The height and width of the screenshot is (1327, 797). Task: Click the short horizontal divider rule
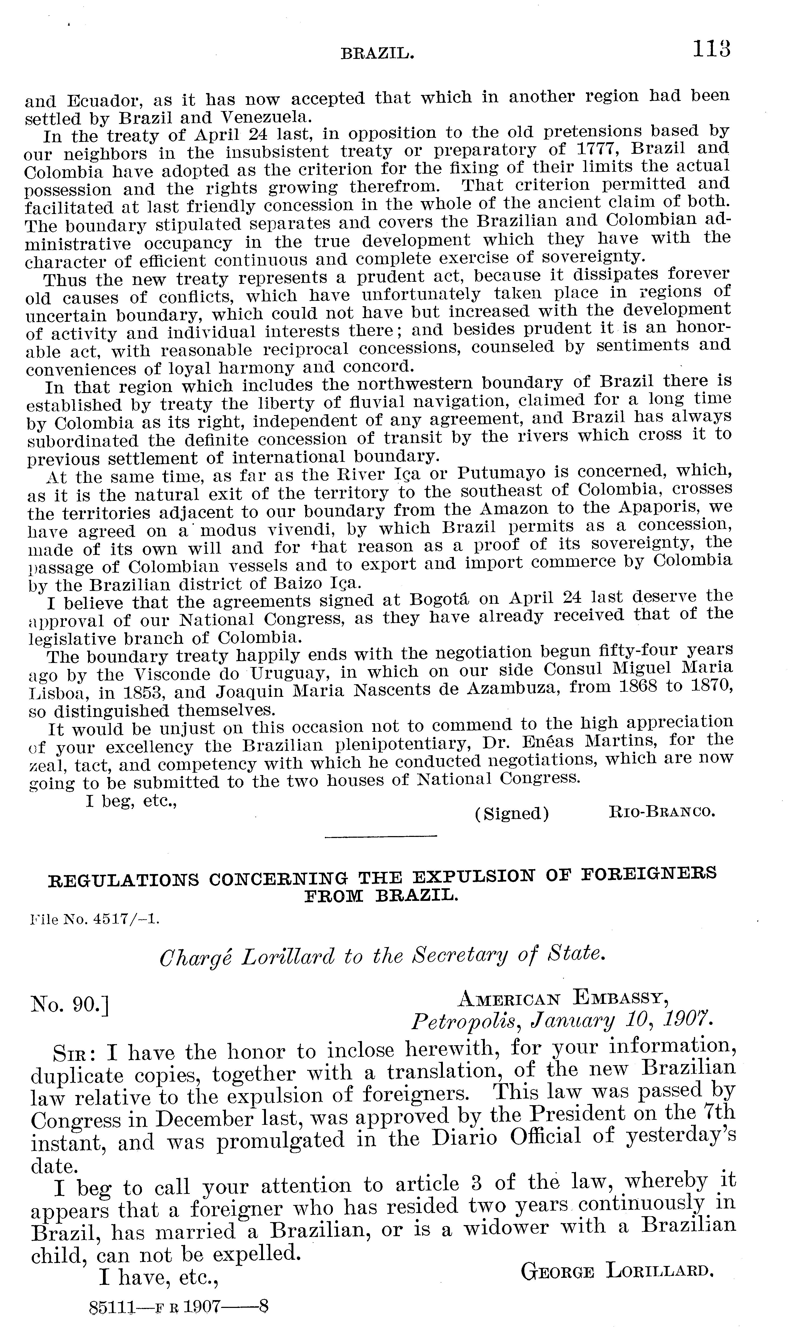381,850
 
